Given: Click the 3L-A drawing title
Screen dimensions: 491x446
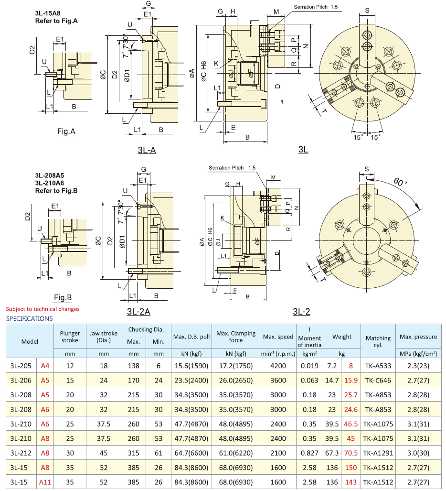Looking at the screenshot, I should [x=147, y=150].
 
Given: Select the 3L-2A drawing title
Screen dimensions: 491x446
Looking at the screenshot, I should [x=138, y=312].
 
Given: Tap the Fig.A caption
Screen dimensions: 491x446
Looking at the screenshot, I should [x=66, y=131].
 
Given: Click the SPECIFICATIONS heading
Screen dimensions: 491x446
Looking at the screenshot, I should [x=29, y=318].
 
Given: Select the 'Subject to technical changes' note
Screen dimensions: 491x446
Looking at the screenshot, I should [x=42, y=309].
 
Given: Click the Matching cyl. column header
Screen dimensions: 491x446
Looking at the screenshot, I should [x=378, y=341].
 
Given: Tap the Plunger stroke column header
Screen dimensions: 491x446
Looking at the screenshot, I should [x=70, y=337].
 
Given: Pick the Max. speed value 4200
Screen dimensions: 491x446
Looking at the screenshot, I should [x=278, y=366].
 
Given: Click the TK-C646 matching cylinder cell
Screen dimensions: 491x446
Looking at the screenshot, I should [x=378, y=381].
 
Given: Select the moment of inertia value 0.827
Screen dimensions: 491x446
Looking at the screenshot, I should [x=309, y=452].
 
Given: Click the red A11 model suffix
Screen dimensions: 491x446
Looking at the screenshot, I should [x=45, y=481].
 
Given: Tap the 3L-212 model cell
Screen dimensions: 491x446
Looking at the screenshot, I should [x=21, y=452].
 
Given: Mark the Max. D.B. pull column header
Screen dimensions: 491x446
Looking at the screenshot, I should [x=191, y=337].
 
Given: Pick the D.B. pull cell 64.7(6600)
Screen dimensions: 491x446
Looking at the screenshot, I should [x=191, y=452].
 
